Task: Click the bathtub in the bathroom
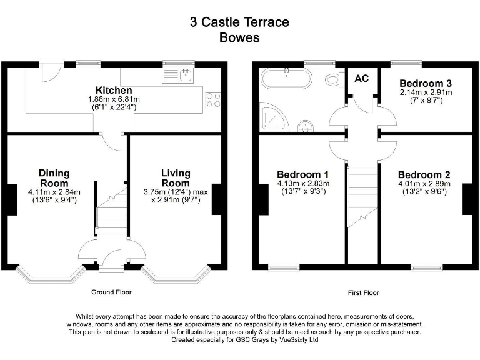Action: click(x=286, y=79)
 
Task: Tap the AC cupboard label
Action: click(x=362, y=79)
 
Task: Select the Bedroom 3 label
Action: click(x=426, y=83)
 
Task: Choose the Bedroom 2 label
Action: click(x=424, y=174)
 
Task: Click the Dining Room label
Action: click(x=54, y=177)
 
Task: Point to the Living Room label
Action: click(x=176, y=177)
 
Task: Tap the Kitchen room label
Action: click(x=113, y=90)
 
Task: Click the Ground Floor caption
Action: click(x=111, y=292)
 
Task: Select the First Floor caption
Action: click(x=363, y=292)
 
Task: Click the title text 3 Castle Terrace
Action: click(x=239, y=22)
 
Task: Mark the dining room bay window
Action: click(x=49, y=273)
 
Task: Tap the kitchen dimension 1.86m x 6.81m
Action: click(x=113, y=99)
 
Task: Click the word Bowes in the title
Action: click(x=239, y=37)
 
